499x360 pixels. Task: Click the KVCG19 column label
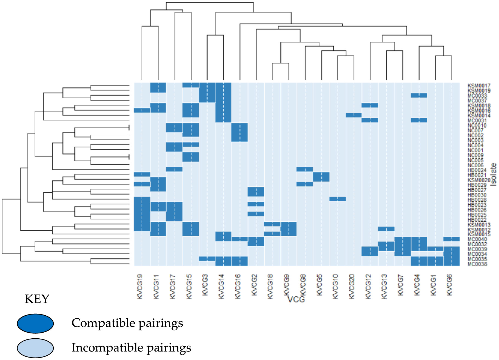coord(139,287)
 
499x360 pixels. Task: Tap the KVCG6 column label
coord(449,285)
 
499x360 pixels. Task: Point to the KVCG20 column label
coord(352,287)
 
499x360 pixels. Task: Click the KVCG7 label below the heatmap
coord(400,285)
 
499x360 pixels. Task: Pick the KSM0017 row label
coord(479,86)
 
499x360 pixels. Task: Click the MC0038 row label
coord(477,264)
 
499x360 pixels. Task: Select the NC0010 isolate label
coord(477,125)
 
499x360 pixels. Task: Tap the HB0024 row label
coord(477,170)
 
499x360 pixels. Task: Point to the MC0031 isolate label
coord(477,121)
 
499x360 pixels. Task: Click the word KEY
coord(37,299)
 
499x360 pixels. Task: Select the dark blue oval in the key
coord(35,324)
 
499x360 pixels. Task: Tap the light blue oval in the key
coord(35,348)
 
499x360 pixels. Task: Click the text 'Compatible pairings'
coord(127,323)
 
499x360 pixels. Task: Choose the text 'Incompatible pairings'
coord(131,348)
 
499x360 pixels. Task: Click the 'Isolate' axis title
coord(493,175)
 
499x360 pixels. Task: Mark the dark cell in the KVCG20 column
coord(353,115)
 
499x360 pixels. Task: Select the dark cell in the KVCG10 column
coord(337,199)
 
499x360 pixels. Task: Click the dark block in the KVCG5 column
coord(321,177)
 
